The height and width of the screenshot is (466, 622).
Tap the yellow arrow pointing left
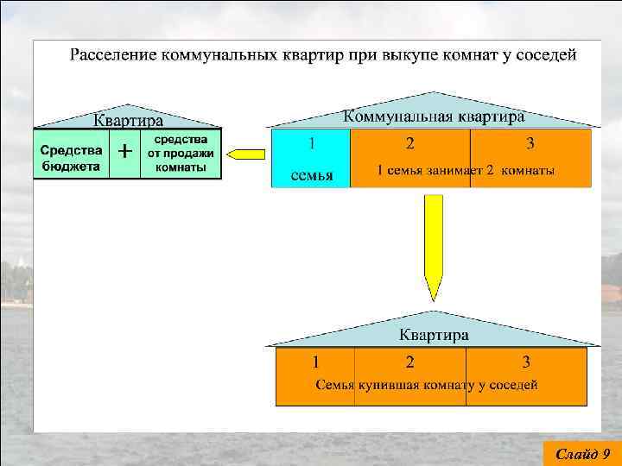[245, 154]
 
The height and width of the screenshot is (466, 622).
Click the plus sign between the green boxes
[124, 152]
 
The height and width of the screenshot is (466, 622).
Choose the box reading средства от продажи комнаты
[181, 154]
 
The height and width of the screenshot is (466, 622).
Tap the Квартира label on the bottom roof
[434, 334]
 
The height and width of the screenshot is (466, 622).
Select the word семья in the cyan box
[311, 175]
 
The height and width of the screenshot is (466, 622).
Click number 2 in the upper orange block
[409, 142]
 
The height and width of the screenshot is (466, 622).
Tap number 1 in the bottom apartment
[316, 361]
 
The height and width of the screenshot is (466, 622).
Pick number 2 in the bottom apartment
[409, 361]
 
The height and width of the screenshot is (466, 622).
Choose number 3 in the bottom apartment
[526, 361]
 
